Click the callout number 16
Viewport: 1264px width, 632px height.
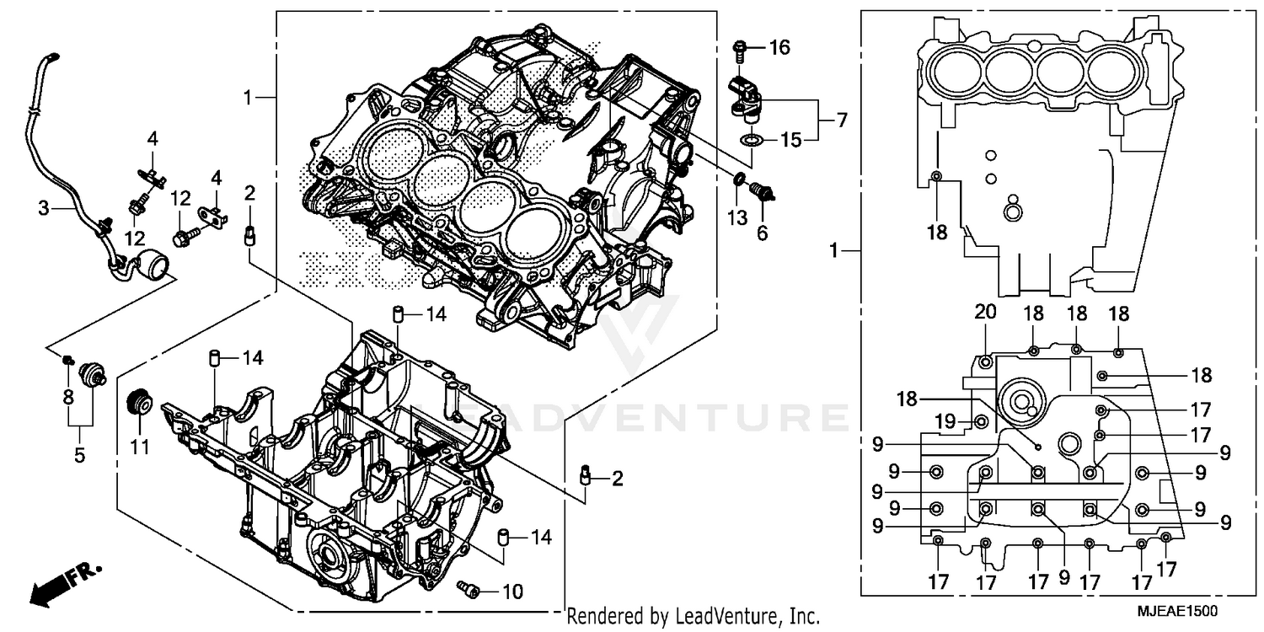tap(779, 47)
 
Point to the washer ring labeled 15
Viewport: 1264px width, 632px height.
tap(753, 138)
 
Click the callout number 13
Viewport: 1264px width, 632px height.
tap(737, 218)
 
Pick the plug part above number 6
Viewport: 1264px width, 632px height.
tap(764, 192)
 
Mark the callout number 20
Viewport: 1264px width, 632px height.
tap(985, 312)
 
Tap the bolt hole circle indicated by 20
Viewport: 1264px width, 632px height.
tap(987, 362)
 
